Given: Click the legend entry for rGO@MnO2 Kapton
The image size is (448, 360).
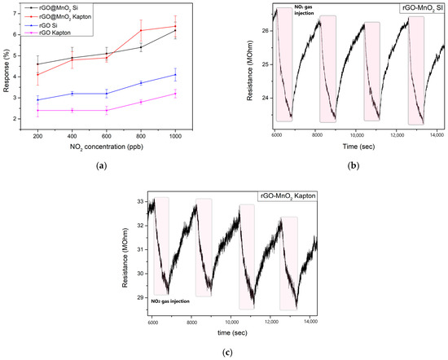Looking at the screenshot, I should click(x=68, y=16).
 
